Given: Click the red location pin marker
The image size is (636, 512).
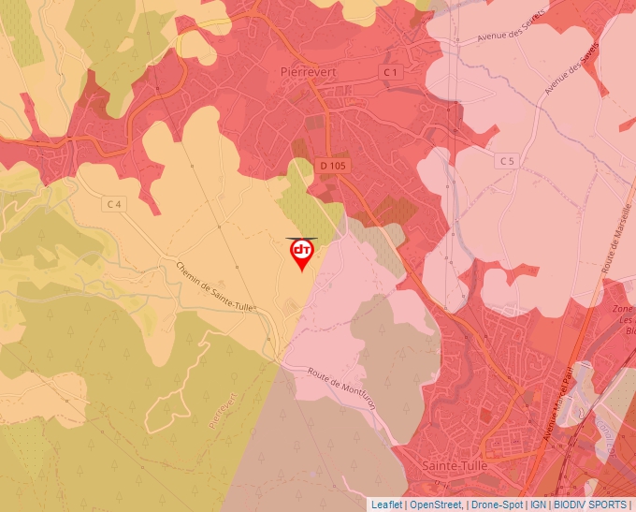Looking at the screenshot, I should pyautogui.click(x=302, y=253).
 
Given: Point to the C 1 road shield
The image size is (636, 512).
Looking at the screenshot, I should pyautogui.click(x=390, y=72).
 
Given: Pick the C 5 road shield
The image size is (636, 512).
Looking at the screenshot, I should pyautogui.click(x=507, y=161).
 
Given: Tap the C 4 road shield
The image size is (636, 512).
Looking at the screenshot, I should pyautogui.click(x=115, y=204).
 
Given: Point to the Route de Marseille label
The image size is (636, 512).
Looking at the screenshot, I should pyautogui.click(x=615, y=235).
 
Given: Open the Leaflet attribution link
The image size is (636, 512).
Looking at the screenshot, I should pyautogui.click(x=387, y=505).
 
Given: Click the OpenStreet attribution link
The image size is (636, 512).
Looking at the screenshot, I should pyautogui.click(x=436, y=505).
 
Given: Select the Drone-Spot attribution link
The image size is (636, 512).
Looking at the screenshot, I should pyautogui.click(x=497, y=505).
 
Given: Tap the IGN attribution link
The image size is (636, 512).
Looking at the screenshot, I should pyautogui.click(x=539, y=505).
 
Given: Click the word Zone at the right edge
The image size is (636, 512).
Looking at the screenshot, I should pyautogui.click(x=623, y=309).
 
